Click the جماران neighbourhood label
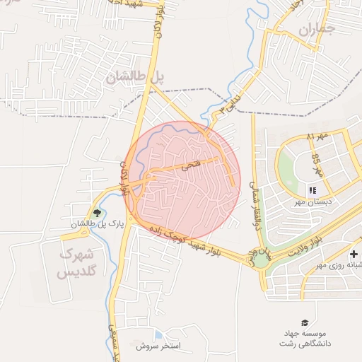(x=315, y=30)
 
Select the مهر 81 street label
(x=318, y=136)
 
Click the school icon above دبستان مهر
(x=312, y=189)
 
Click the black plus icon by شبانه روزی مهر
(x=354, y=254)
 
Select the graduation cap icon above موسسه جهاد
(x=305, y=322)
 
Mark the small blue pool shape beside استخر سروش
(x=158, y=334)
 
